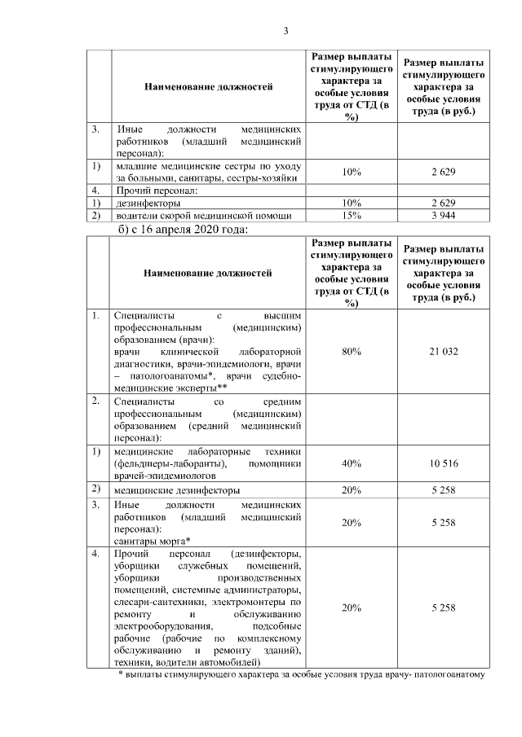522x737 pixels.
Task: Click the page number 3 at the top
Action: tap(285, 31)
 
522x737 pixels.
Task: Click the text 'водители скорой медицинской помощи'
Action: tap(203, 215)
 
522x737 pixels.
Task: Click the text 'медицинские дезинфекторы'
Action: tap(177, 490)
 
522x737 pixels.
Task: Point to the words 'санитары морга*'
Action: tap(153, 541)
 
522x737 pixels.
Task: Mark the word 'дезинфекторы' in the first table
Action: tap(148, 202)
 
